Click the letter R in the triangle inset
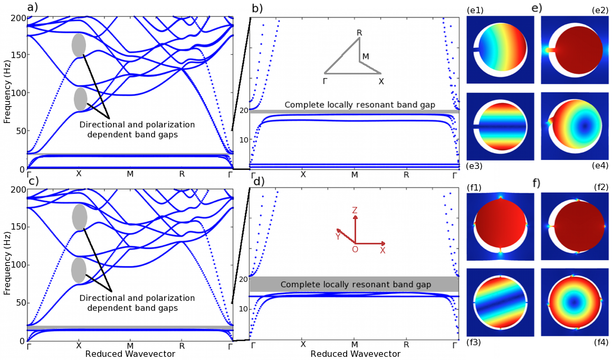(x=359, y=33)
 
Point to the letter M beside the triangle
(x=366, y=56)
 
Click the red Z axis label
(x=355, y=211)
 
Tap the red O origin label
(x=355, y=249)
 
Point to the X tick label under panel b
(x=303, y=174)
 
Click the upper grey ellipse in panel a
(x=79, y=45)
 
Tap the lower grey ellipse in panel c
(x=79, y=270)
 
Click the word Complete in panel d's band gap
(x=299, y=285)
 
